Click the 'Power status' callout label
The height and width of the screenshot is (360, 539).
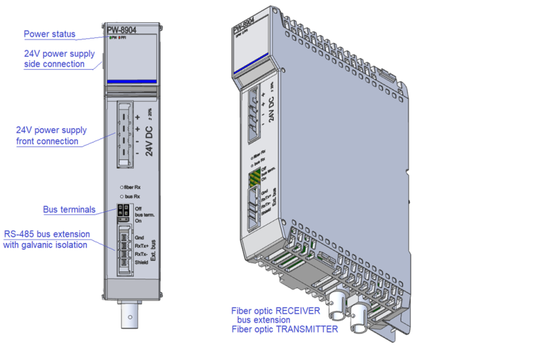pyautogui.click(x=50, y=34)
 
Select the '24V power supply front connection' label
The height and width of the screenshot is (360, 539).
pyautogui.click(x=51, y=136)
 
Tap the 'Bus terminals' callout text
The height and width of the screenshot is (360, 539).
pyautogui.click(x=69, y=210)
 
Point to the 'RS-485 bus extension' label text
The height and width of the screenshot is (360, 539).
pyautogui.click(x=47, y=234)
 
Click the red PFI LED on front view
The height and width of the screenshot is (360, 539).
pyautogui.click(x=120, y=38)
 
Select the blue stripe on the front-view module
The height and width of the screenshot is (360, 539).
pyautogui.click(x=132, y=82)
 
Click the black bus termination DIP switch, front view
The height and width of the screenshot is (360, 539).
pyautogui.click(x=122, y=212)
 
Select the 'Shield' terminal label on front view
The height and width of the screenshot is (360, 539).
pyautogui.click(x=141, y=263)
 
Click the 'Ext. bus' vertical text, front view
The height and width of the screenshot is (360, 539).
pyautogui.click(x=153, y=251)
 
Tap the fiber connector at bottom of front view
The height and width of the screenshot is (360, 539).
pyautogui.click(x=131, y=317)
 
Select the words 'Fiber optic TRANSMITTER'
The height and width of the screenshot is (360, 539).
pyautogui.click(x=284, y=329)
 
